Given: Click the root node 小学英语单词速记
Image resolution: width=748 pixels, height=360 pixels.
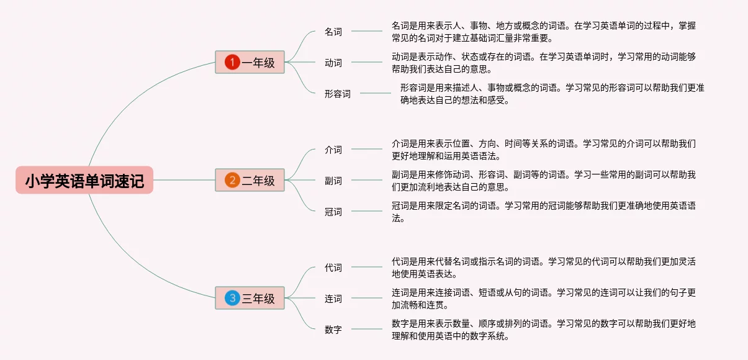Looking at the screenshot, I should [x=84, y=181].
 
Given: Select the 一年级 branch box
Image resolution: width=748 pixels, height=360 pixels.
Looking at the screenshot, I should [x=250, y=62].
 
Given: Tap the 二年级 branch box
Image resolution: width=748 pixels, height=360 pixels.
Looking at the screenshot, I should [x=250, y=181].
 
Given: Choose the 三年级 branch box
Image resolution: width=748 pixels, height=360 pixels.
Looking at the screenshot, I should [x=250, y=299].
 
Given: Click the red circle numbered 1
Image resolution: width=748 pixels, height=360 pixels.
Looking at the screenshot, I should [x=232, y=62].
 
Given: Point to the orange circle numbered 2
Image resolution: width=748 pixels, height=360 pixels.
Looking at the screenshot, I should [x=232, y=181].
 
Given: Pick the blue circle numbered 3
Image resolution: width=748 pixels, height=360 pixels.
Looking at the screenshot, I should [x=232, y=299].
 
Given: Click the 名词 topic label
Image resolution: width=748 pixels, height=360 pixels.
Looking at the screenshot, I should [x=333, y=32].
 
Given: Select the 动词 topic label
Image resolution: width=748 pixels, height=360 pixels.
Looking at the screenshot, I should [x=333, y=63].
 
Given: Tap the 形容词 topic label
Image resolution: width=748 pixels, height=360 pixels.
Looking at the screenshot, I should [x=338, y=94].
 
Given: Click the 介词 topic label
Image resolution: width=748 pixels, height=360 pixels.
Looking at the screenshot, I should [x=333, y=150].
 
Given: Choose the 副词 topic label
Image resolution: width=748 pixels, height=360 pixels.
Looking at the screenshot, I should [x=333, y=181].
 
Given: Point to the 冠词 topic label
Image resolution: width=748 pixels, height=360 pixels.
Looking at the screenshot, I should [x=333, y=212].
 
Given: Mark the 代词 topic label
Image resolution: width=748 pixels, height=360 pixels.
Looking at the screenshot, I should [x=333, y=268].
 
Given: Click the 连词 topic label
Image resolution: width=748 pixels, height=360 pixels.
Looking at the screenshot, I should [x=333, y=299].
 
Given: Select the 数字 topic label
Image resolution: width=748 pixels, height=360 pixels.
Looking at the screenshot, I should [x=333, y=330].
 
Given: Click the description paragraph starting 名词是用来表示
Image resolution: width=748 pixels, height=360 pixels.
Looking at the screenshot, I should [x=544, y=32].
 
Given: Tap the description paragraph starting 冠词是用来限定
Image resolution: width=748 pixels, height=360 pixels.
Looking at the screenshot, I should [x=544, y=212].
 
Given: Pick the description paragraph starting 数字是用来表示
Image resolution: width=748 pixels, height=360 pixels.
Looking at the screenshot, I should [x=544, y=330].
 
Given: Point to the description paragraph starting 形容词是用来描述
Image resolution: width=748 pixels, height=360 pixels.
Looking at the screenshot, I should [x=552, y=94].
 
